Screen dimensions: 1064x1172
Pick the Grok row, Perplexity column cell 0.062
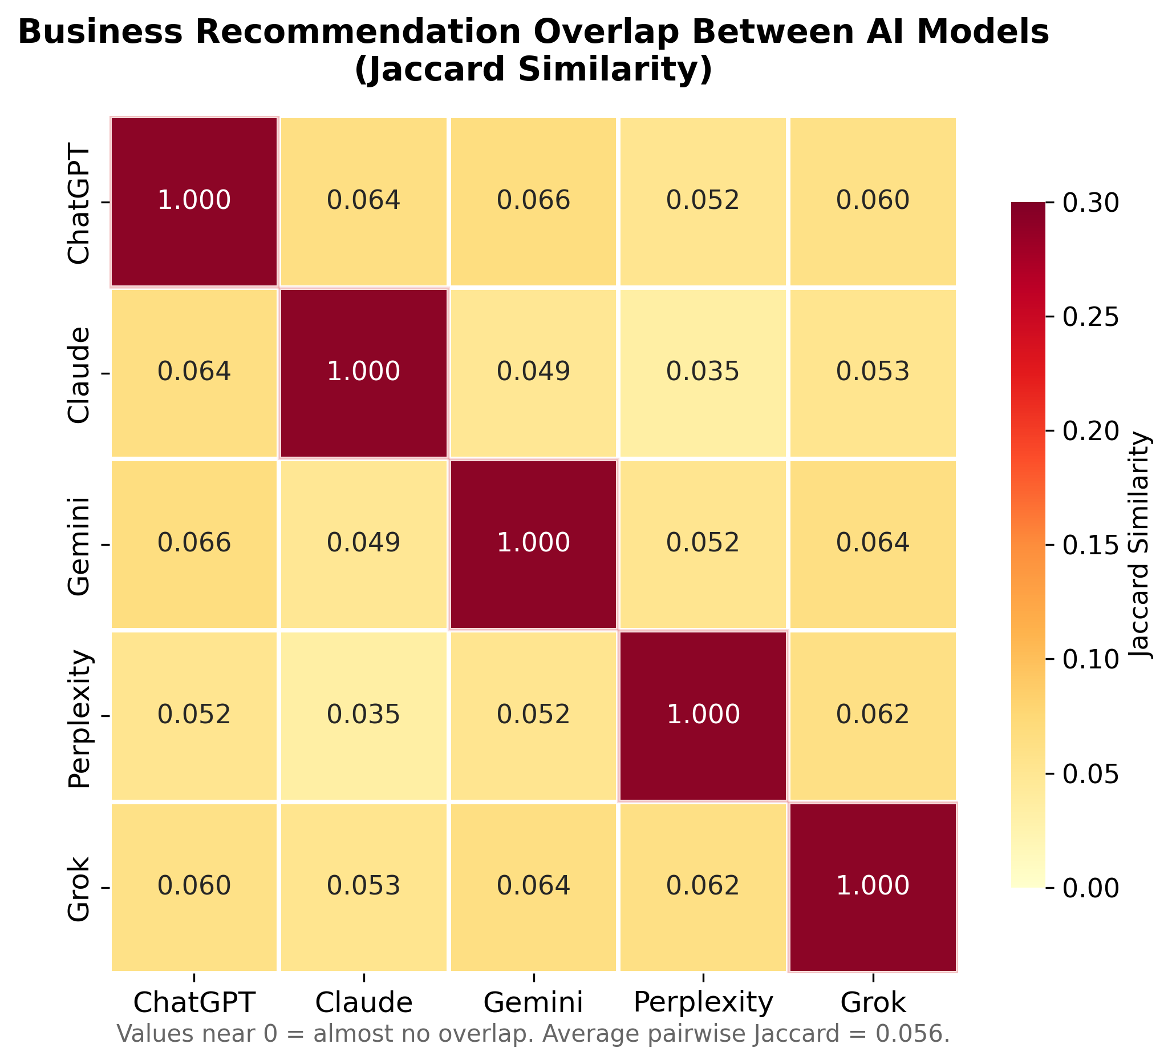(703, 886)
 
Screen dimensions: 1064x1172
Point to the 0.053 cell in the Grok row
(363, 886)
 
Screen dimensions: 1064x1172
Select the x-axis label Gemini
(533, 1003)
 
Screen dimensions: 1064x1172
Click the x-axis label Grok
(873, 1003)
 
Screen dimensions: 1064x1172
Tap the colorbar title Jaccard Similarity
(1143, 545)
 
